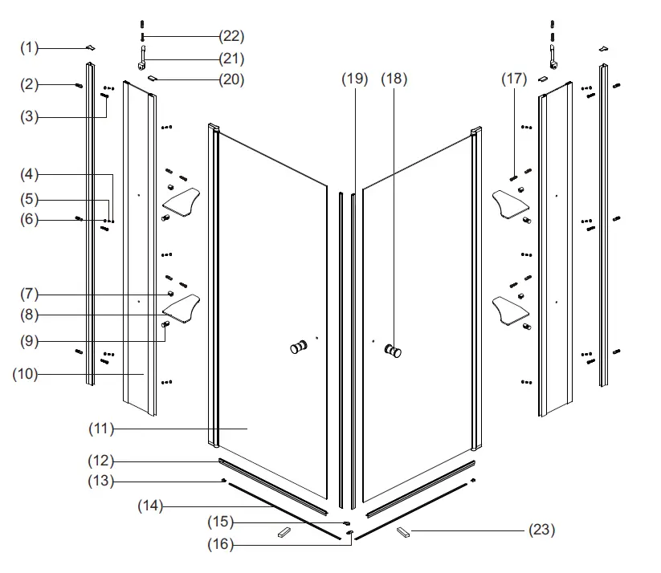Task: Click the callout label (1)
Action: [29, 48]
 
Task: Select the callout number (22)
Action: [231, 36]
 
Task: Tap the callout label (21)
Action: [231, 58]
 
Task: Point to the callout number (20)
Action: [231, 79]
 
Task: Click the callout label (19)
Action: [354, 79]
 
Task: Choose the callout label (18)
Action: [394, 79]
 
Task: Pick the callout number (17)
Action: [515, 79]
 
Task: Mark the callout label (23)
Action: [541, 530]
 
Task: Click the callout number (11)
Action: [101, 429]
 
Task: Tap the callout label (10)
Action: [25, 374]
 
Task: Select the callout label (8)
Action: [29, 315]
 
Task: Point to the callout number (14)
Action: [149, 506]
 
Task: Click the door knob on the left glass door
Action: [298, 347]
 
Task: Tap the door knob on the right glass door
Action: [394, 351]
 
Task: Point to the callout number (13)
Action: [101, 481]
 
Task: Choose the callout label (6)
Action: [29, 218]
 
